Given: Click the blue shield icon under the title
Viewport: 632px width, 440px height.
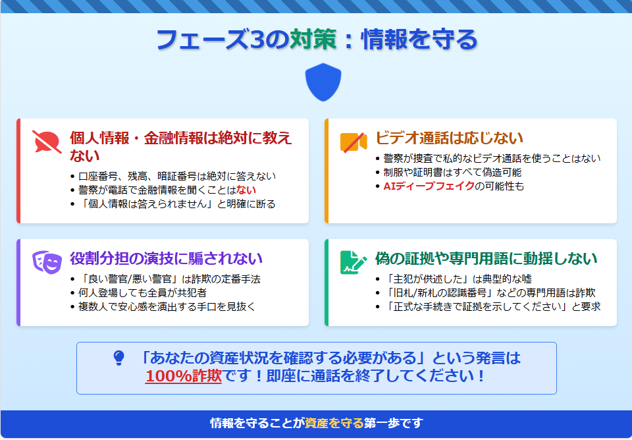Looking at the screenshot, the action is (323, 82).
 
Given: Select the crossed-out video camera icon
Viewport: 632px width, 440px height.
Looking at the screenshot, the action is (354, 142).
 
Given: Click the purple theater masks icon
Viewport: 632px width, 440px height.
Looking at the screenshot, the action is (47, 262).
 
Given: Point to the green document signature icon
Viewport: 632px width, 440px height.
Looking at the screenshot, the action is (354, 263).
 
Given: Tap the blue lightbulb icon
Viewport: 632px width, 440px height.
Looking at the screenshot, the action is (119, 358).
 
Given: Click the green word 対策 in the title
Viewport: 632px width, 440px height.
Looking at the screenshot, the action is (313, 40).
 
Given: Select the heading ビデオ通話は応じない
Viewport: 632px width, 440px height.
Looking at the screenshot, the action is (449, 138).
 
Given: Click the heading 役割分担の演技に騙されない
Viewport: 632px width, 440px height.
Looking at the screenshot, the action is (166, 258).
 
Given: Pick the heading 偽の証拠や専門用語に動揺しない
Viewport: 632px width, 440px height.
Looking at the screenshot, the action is (486, 258).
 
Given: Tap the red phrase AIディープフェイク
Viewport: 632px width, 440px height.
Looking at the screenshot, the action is (429, 186).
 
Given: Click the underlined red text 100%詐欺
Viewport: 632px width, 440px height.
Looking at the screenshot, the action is (184, 376).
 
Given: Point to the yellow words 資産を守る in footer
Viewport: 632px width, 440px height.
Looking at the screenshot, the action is (334, 423).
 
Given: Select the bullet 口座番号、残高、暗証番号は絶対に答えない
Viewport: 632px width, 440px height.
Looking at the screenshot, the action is (177, 177).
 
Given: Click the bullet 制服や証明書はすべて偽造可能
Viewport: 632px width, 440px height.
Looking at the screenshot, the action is (452, 172).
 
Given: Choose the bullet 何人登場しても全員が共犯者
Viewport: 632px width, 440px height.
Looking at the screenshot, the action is (142, 293).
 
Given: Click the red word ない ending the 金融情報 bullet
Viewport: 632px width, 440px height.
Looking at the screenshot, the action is (246, 190).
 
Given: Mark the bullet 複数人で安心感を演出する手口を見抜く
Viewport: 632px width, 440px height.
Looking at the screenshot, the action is (167, 306).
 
